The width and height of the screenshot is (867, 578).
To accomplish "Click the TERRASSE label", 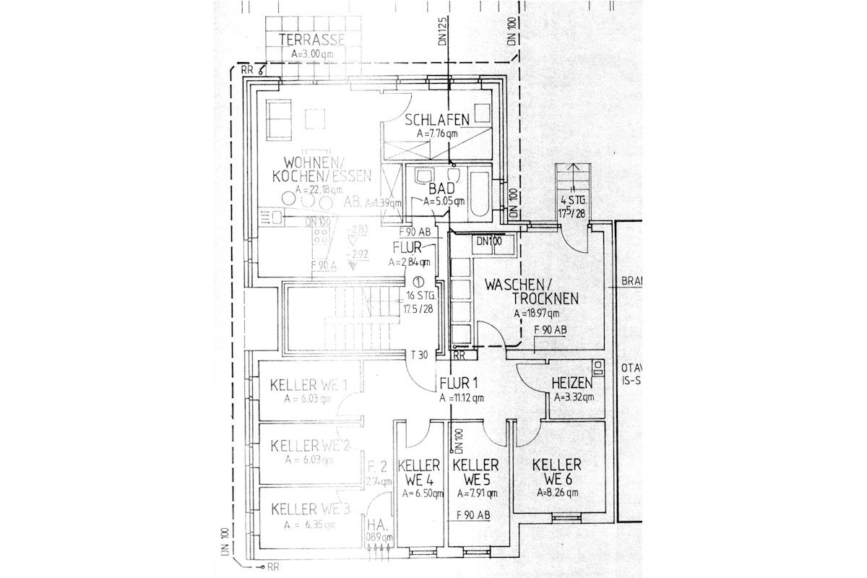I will point(312,40).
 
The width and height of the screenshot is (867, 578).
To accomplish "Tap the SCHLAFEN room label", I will point(437,119).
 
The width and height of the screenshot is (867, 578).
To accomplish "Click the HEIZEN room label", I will point(572,382).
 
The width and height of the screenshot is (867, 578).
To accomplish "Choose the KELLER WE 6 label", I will point(557,470).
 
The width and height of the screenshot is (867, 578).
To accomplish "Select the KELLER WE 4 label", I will point(419,471).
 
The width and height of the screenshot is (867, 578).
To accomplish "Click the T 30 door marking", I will point(420,355).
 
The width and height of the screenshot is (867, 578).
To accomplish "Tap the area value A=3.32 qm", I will point(574,397).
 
